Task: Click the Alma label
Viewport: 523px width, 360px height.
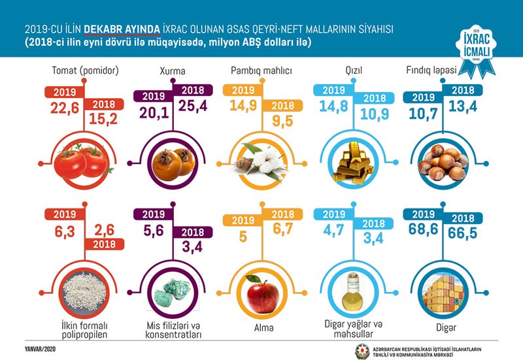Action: (x=261, y=327)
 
